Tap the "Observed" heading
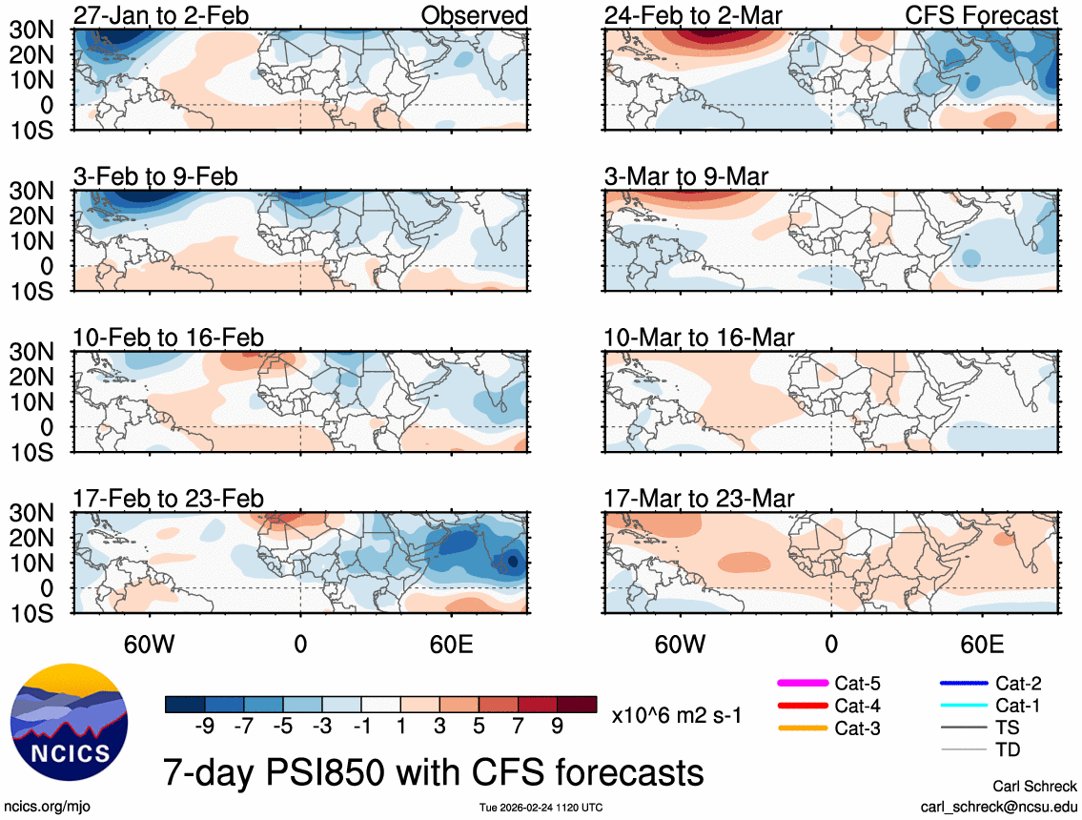[x=474, y=15]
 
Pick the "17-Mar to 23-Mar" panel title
[x=699, y=499]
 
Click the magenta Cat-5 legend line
[x=803, y=684]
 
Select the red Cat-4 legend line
[x=803, y=707]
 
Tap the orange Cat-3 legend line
[x=803, y=729]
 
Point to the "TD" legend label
[x=1008, y=750]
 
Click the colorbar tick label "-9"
[x=203, y=727]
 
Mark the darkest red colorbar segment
[x=578, y=705]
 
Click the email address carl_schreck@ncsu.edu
[x=999, y=807]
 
